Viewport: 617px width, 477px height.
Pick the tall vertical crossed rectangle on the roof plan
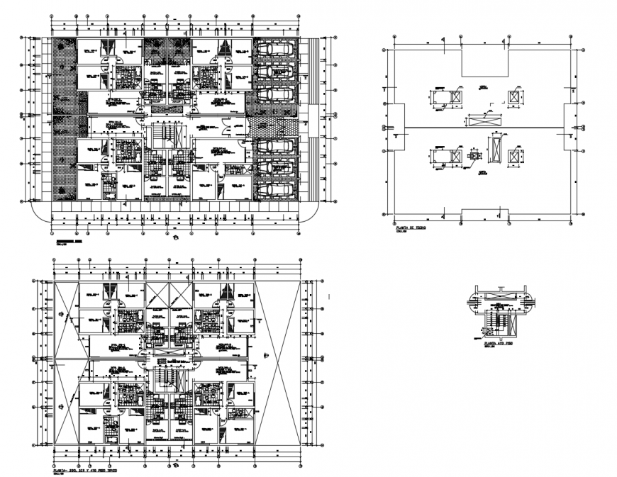[494, 148]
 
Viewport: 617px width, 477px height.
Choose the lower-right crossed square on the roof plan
[514, 155]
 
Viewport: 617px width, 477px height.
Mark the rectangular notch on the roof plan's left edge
[394, 128]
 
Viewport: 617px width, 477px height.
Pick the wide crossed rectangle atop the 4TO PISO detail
[501, 292]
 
